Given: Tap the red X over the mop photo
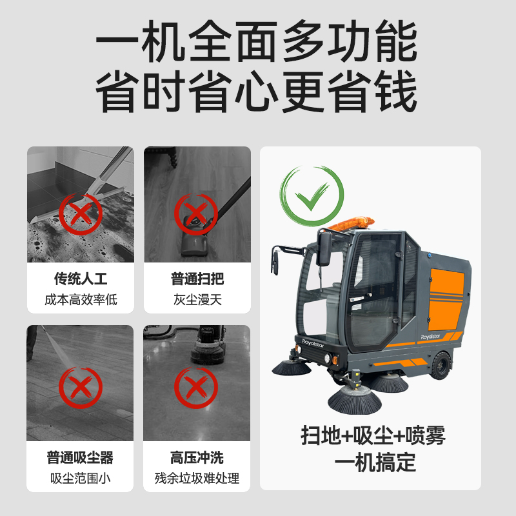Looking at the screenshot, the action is [x=81, y=215].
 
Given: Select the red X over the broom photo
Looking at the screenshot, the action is [x=196, y=214].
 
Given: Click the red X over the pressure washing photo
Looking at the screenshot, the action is [x=81, y=388].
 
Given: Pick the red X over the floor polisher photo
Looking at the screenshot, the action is [x=196, y=388].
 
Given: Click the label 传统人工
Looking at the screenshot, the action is [x=81, y=279].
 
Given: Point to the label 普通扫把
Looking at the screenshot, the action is [x=197, y=279].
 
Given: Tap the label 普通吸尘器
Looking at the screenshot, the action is [x=80, y=457].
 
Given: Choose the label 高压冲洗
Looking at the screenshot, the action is [x=197, y=457].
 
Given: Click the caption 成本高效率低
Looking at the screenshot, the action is [x=81, y=300].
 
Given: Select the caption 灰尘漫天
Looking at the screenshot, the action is [x=197, y=300].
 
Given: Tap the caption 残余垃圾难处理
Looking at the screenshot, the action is [x=197, y=478].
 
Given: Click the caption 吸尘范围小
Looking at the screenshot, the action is [x=80, y=478].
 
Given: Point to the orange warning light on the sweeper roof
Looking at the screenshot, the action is [x=351, y=223].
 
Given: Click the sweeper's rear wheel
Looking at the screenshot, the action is [x=441, y=365].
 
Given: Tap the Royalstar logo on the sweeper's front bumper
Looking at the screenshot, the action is [x=313, y=343].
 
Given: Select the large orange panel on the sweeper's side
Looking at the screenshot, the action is [x=446, y=299].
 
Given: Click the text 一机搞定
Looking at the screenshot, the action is [x=375, y=462].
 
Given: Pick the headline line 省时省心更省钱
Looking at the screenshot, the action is [x=256, y=92].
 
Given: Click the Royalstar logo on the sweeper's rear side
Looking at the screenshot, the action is [x=430, y=337].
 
